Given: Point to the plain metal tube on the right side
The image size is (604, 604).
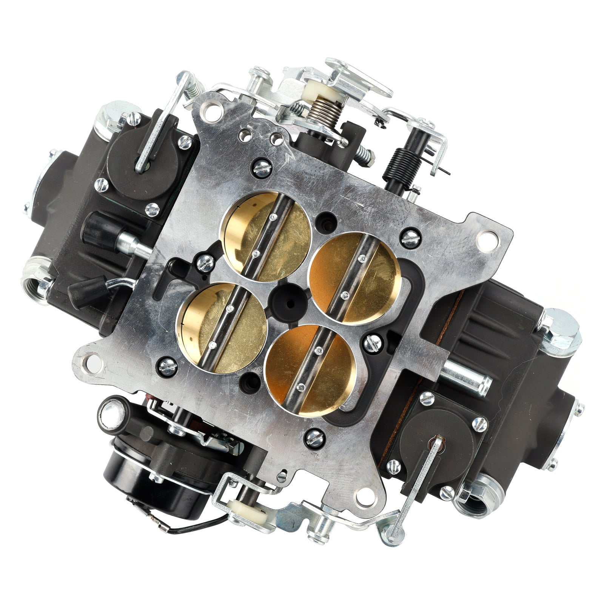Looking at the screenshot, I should coord(468,372).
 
